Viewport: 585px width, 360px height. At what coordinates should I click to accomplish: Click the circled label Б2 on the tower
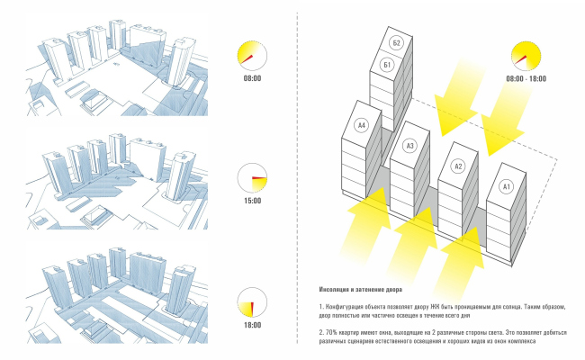pyautogui.click(x=396, y=42)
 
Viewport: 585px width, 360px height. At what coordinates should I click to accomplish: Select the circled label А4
pyautogui.click(x=362, y=125)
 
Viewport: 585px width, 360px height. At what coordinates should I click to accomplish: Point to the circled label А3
pyautogui.click(x=410, y=145)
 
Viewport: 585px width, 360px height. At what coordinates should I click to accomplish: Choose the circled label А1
pyautogui.click(x=506, y=186)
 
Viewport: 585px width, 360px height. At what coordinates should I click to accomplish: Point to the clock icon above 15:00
pyautogui.click(x=252, y=177)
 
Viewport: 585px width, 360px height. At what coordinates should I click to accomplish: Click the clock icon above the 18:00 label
pyautogui.click(x=252, y=301)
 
